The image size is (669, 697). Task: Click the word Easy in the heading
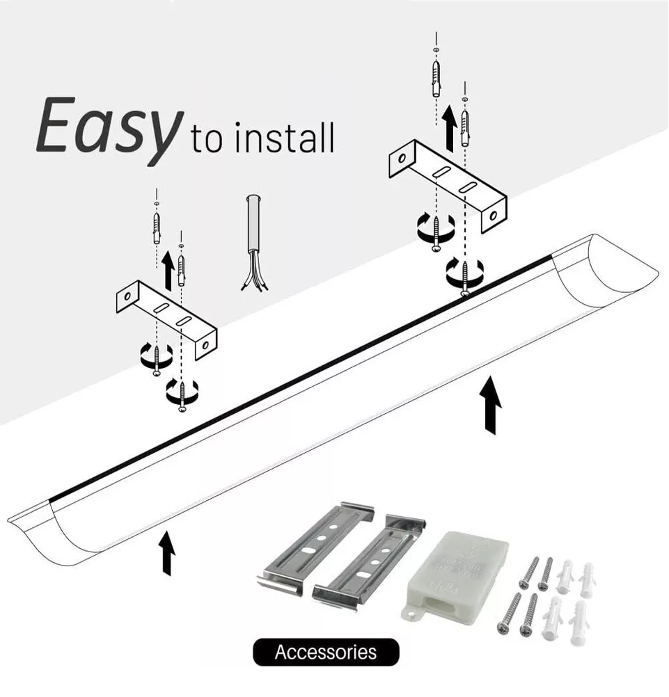(x=104, y=129)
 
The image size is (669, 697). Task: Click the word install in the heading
(x=285, y=137)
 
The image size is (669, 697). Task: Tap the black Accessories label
(x=326, y=652)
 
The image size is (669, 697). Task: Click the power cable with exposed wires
(x=253, y=241)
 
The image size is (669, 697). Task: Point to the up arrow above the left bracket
(x=167, y=270)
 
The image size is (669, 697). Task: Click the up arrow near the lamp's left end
(x=167, y=553)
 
